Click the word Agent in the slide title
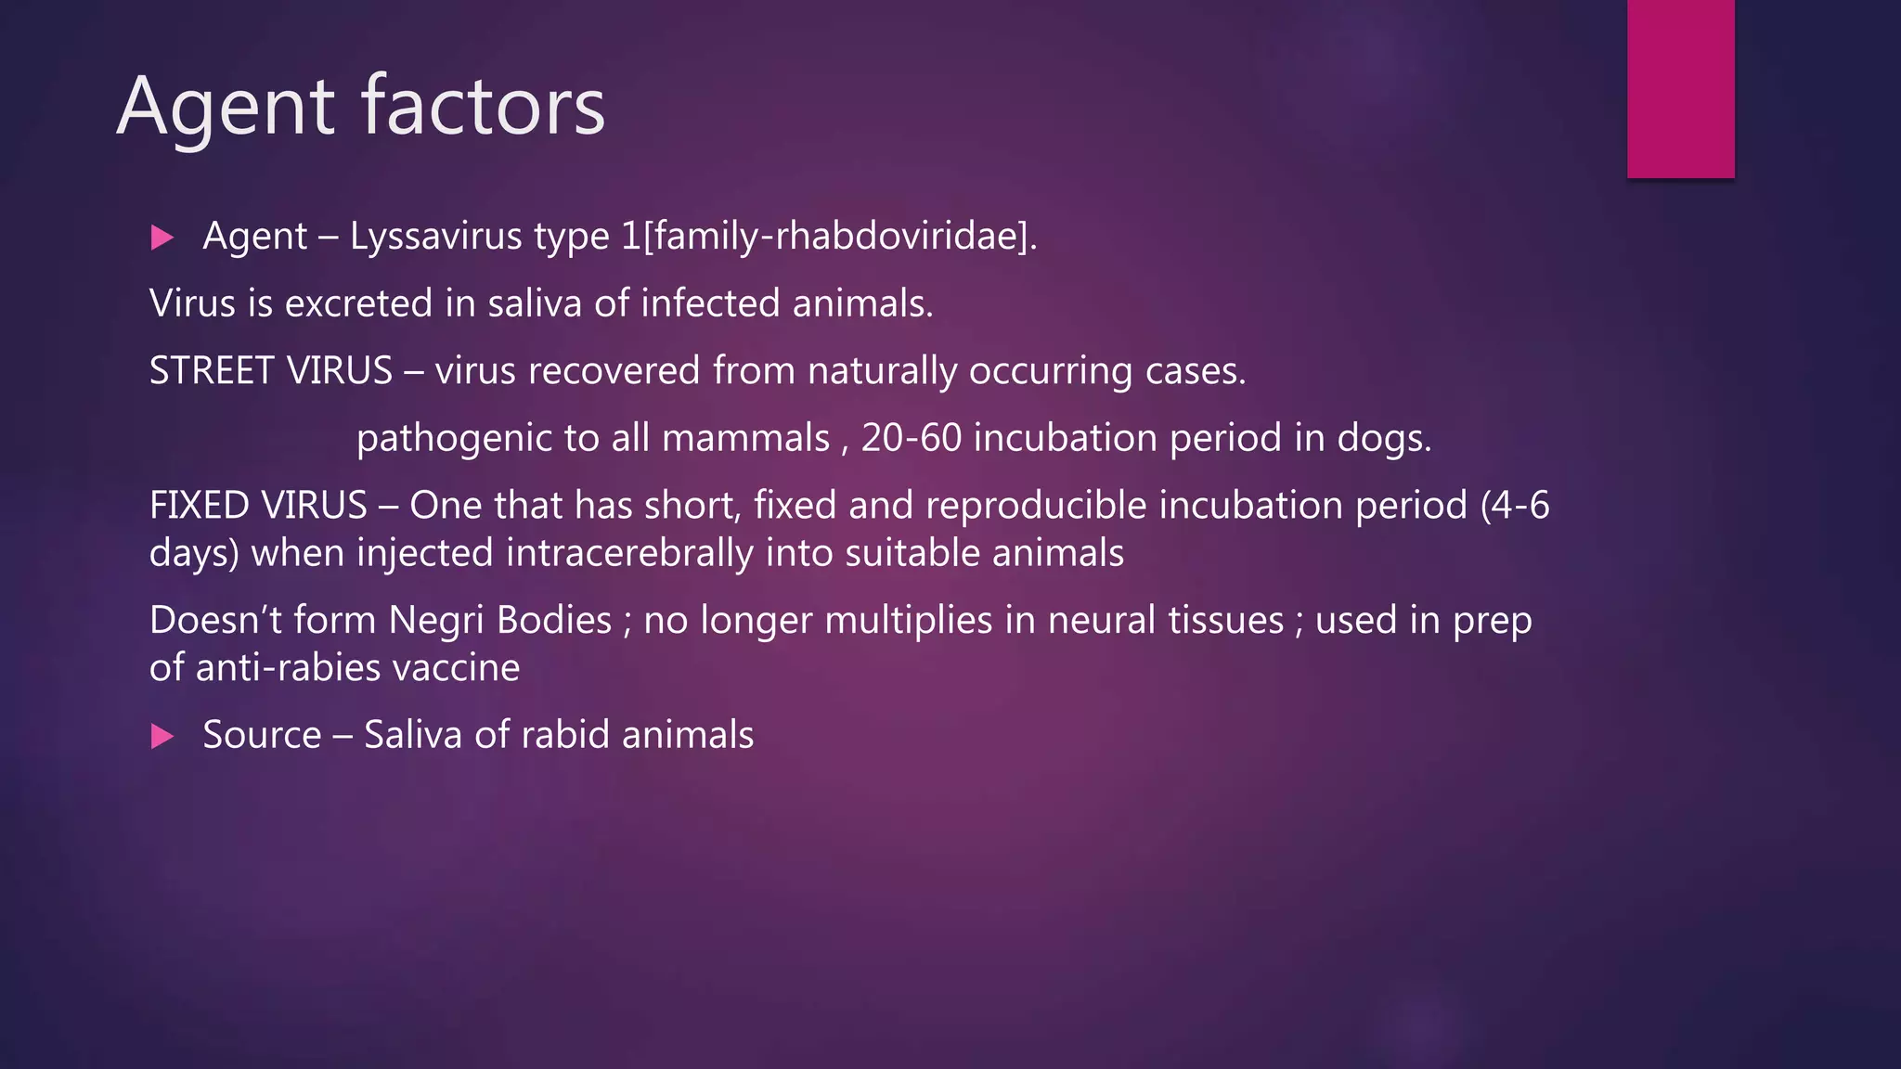click(x=226, y=108)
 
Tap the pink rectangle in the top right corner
click(x=1680, y=88)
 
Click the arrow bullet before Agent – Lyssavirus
click(x=162, y=238)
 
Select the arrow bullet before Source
click(x=162, y=737)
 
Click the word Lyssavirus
click(x=435, y=237)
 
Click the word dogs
click(x=1383, y=438)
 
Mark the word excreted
click(x=358, y=303)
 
